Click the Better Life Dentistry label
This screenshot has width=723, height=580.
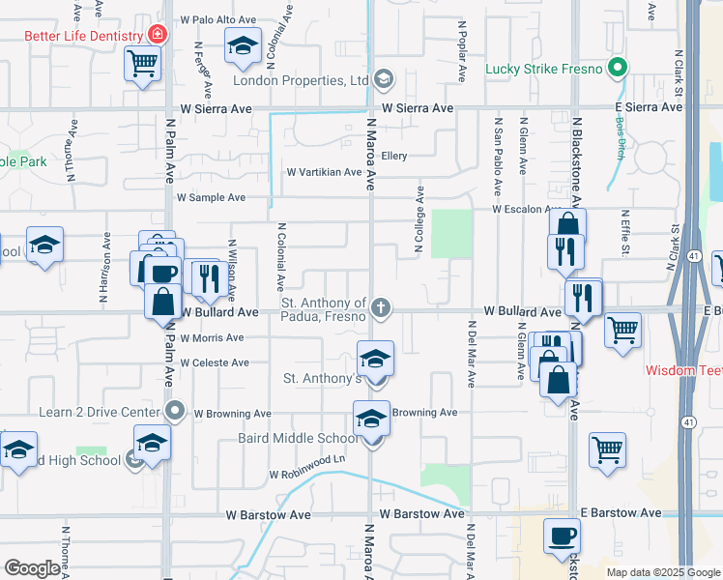pos(84,37)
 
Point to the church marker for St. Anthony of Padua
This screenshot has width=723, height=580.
pos(382,308)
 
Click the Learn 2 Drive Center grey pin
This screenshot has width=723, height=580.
pos(175,412)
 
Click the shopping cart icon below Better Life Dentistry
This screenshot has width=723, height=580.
pos(142,64)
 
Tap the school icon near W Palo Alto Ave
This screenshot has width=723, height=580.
pos(243,44)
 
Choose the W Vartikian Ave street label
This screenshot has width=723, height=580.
pos(324,173)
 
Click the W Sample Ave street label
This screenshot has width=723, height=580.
pos(211,197)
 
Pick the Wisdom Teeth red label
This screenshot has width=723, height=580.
pos(683,370)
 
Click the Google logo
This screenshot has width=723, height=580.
pos(32,567)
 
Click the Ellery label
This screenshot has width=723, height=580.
pos(394,156)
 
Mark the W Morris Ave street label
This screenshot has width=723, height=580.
pos(213,338)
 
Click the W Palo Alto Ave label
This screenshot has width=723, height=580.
pos(217,19)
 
